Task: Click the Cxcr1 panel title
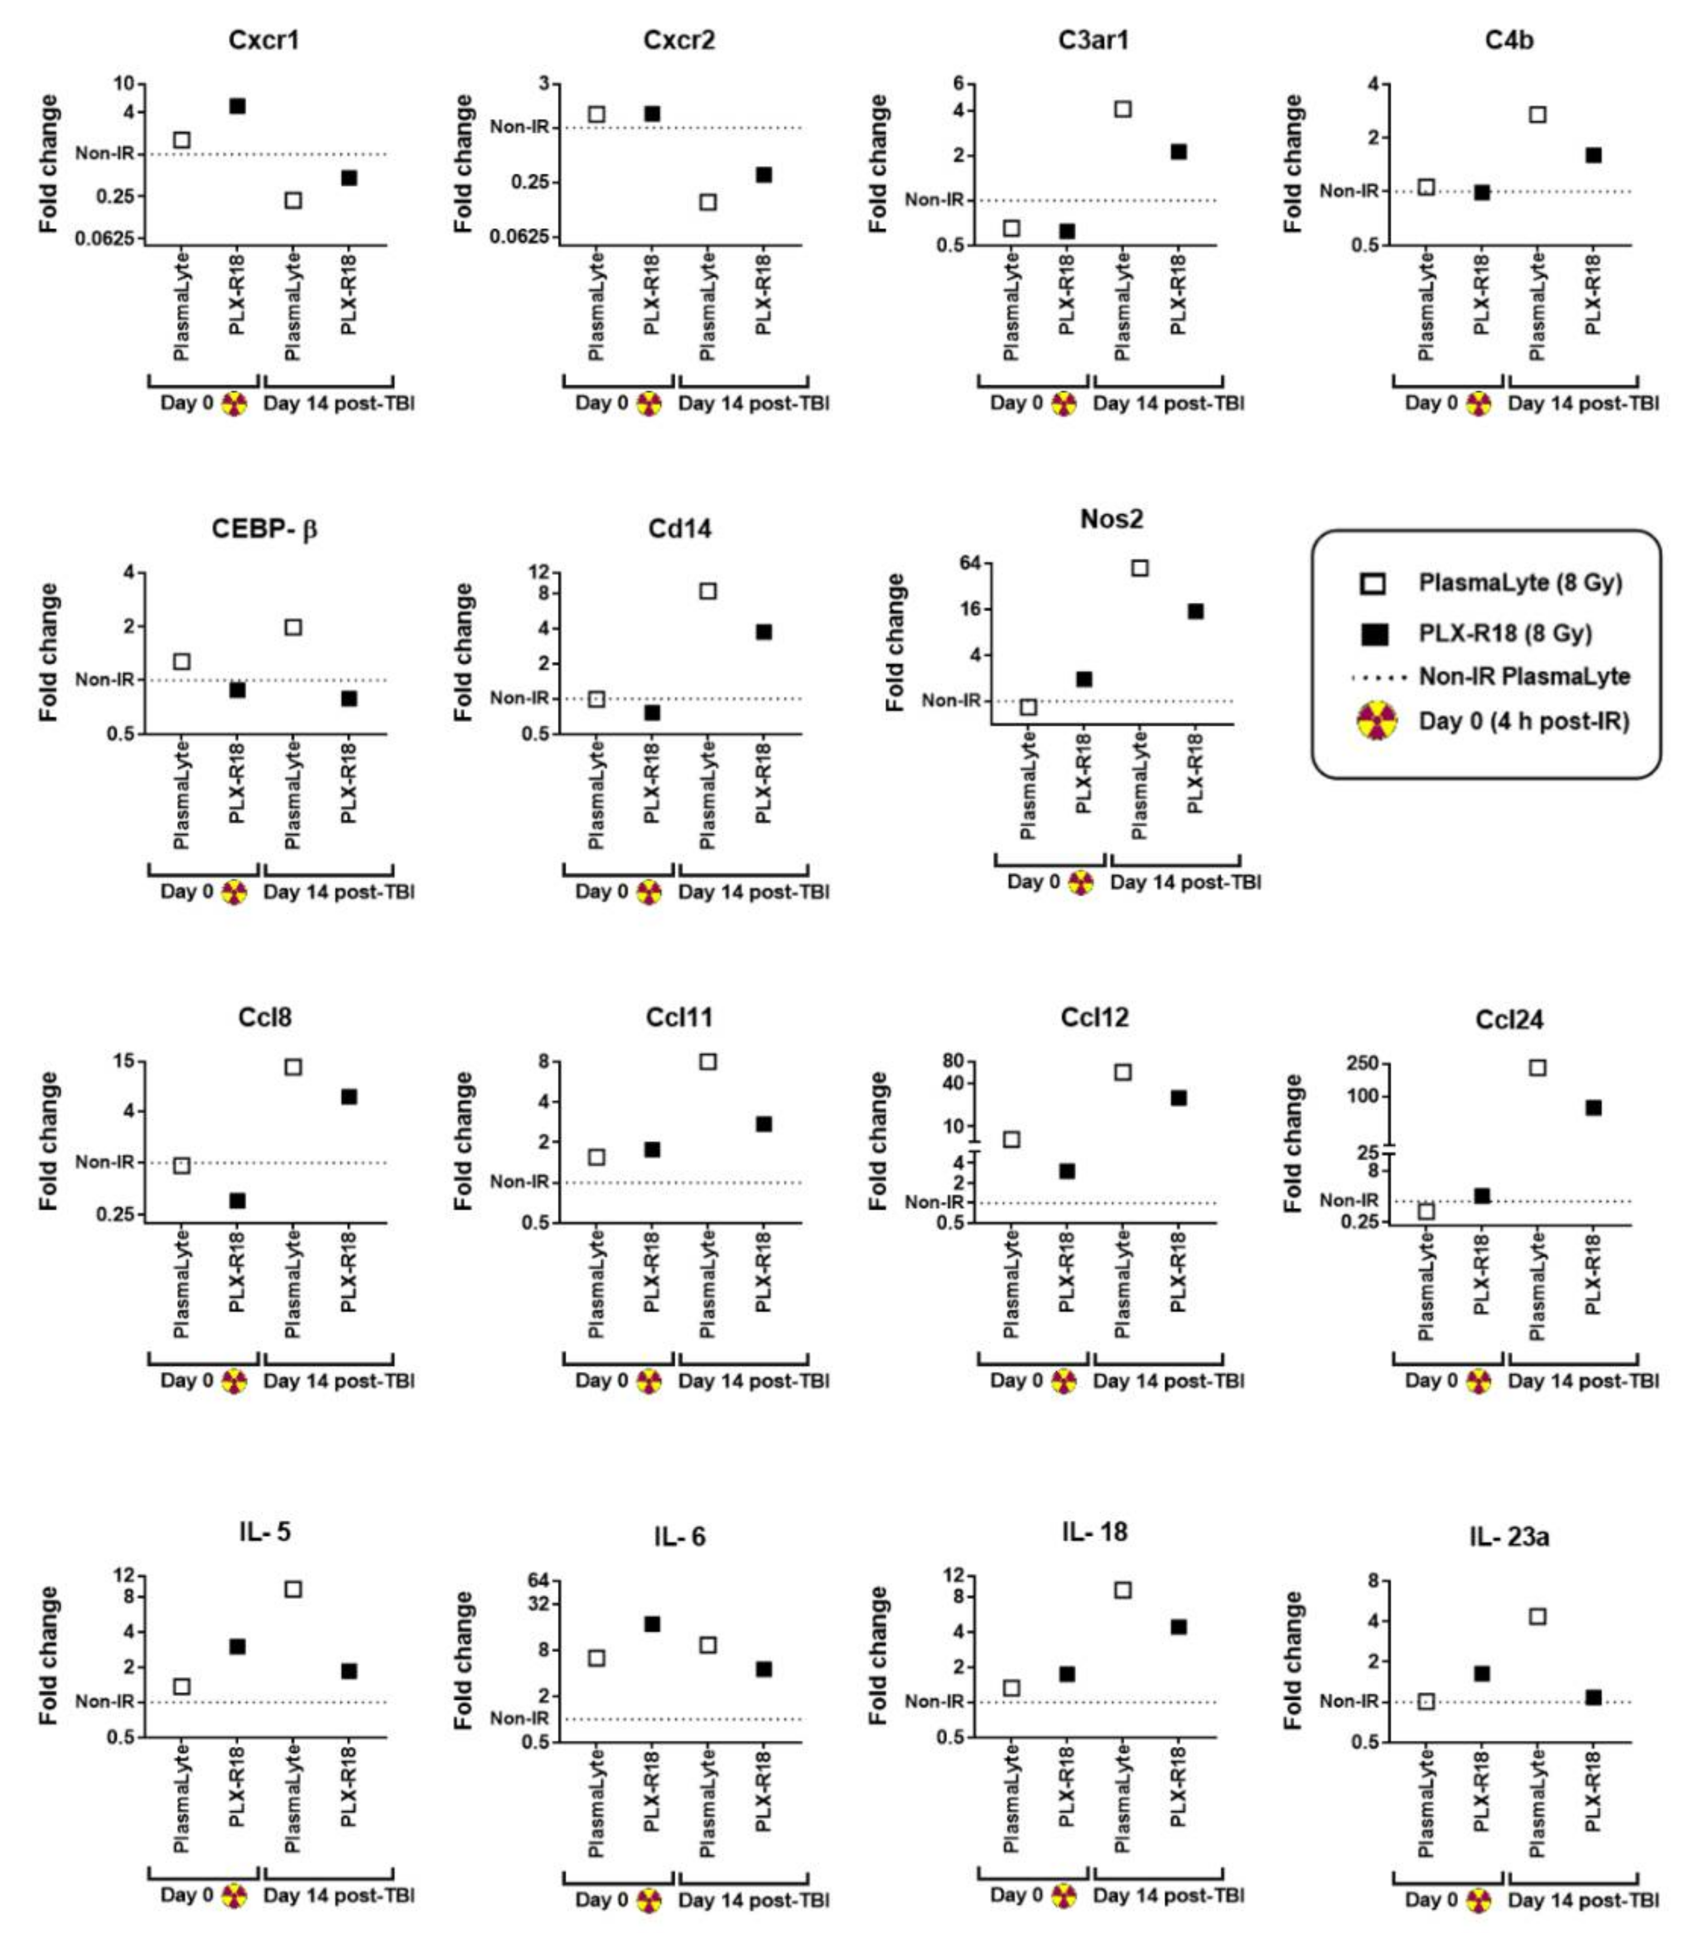[264, 40]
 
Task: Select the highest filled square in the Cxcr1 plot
[237, 106]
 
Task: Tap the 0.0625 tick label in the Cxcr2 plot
[519, 235]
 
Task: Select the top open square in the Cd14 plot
[708, 591]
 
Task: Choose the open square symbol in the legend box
[1373, 583]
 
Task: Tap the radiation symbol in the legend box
[1377, 721]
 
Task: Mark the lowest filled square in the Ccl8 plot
[237, 1200]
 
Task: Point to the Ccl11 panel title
[679, 1018]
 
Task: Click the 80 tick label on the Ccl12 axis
[952, 1061]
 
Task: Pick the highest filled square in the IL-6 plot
[652, 1624]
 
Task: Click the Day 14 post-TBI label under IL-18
[1169, 1895]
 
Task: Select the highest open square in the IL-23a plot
[1537, 1616]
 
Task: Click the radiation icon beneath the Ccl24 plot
[1479, 1382]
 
